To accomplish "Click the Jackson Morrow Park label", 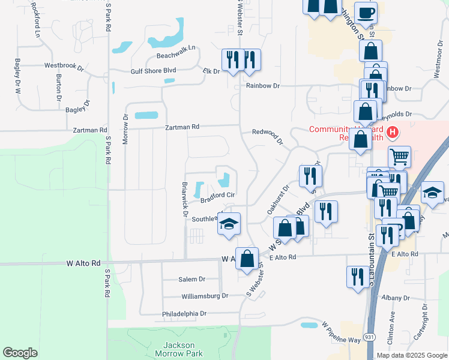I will (179, 349).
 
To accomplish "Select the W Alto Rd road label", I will (83, 263).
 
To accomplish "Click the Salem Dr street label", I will (192, 280).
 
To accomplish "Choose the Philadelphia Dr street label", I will (184, 314).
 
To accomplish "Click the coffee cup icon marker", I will (366, 12).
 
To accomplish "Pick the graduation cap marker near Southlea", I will (229, 223).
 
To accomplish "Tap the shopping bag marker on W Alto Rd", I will (247, 258).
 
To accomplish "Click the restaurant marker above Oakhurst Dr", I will (310, 175).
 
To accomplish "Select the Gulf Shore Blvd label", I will (153, 71).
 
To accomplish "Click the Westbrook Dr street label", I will (64, 66).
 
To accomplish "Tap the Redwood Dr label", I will (267, 136).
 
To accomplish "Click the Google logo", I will (20, 353).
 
